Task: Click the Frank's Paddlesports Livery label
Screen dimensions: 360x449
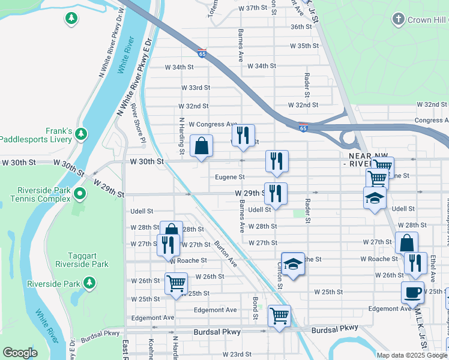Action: tap(36, 135)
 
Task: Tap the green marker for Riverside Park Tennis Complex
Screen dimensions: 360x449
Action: tap(79, 194)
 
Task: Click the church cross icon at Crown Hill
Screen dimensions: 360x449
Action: tap(397, 20)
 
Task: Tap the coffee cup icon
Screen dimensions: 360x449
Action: tap(412, 292)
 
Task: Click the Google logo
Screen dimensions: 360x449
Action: tap(20, 352)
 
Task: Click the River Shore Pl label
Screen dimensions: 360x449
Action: tap(139, 124)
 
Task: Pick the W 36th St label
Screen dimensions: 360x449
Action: tap(301, 27)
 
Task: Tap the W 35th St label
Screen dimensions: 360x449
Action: tap(304, 46)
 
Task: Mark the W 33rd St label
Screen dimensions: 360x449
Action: tap(196, 88)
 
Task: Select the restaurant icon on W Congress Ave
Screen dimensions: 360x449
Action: tap(243, 135)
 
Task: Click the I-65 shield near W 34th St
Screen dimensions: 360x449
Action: tap(202, 53)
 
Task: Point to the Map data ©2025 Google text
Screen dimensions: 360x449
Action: tap(412, 355)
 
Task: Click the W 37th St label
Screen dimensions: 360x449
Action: tap(252, 8)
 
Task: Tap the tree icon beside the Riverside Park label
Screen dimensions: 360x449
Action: tap(89, 282)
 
